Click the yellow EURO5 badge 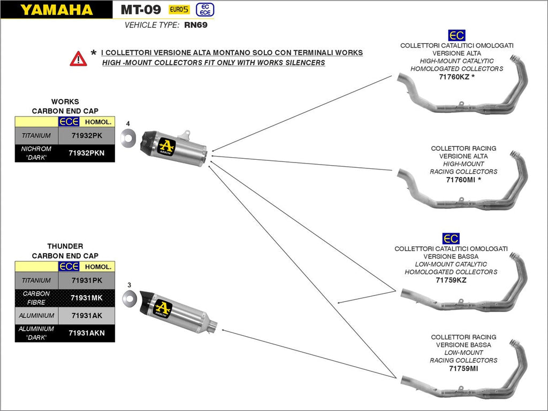click(178, 10)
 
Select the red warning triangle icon click(78, 58)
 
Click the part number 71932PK click(87, 136)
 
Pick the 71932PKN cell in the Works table click(87, 153)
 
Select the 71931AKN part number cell click(87, 333)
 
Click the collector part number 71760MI click(461, 180)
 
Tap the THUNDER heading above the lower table click(65, 246)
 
